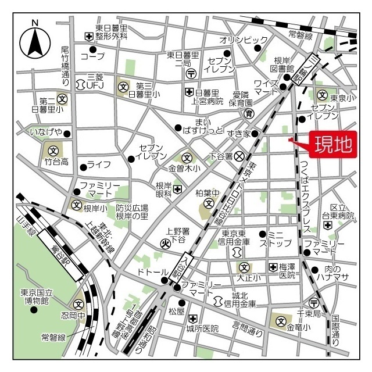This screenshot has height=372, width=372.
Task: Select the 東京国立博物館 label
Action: tap(34, 296)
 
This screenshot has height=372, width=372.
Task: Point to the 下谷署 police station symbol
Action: tap(239, 156)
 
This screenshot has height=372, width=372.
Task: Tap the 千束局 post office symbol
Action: tap(314, 303)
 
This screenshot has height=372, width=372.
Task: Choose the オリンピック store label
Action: tap(244, 40)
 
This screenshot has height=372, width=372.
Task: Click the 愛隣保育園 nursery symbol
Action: tap(248, 113)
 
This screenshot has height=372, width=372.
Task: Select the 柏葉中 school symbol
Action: tap(209, 205)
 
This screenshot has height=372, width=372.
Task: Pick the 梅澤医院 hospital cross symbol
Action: tap(273, 267)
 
